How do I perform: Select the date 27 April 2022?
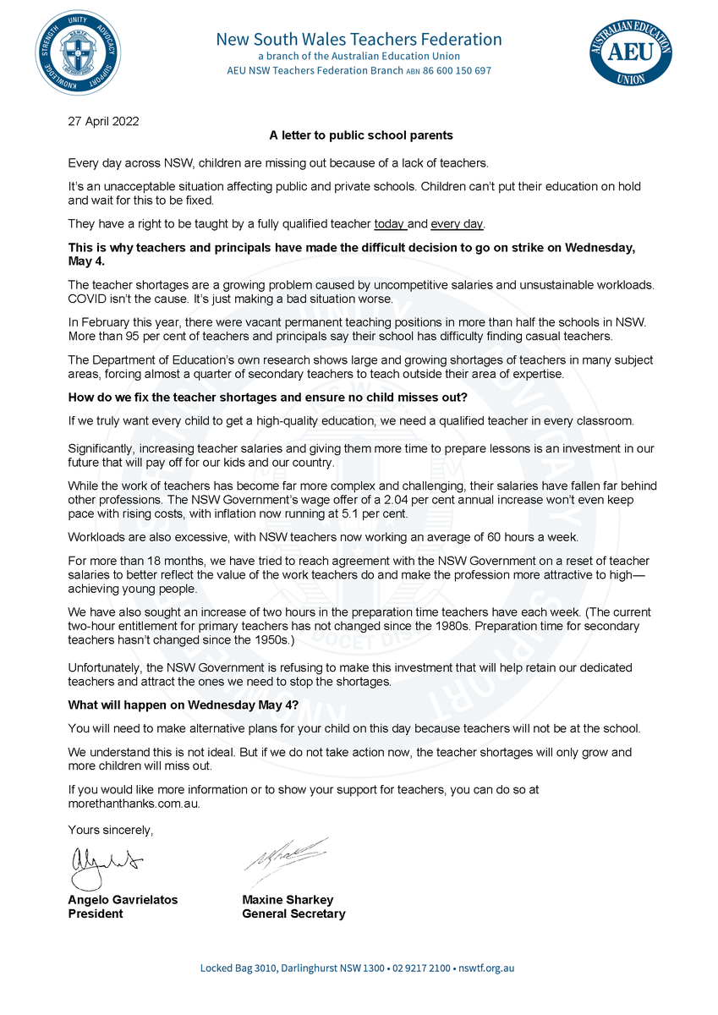(103, 120)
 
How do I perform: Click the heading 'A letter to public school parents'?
(361, 135)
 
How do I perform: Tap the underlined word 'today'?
(390, 224)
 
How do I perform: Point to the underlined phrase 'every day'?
(457, 224)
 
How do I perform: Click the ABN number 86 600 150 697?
(457, 71)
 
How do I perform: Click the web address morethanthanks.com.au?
(134, 803)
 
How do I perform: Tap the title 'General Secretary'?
(293, 913)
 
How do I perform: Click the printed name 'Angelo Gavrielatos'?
(123, 900)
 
